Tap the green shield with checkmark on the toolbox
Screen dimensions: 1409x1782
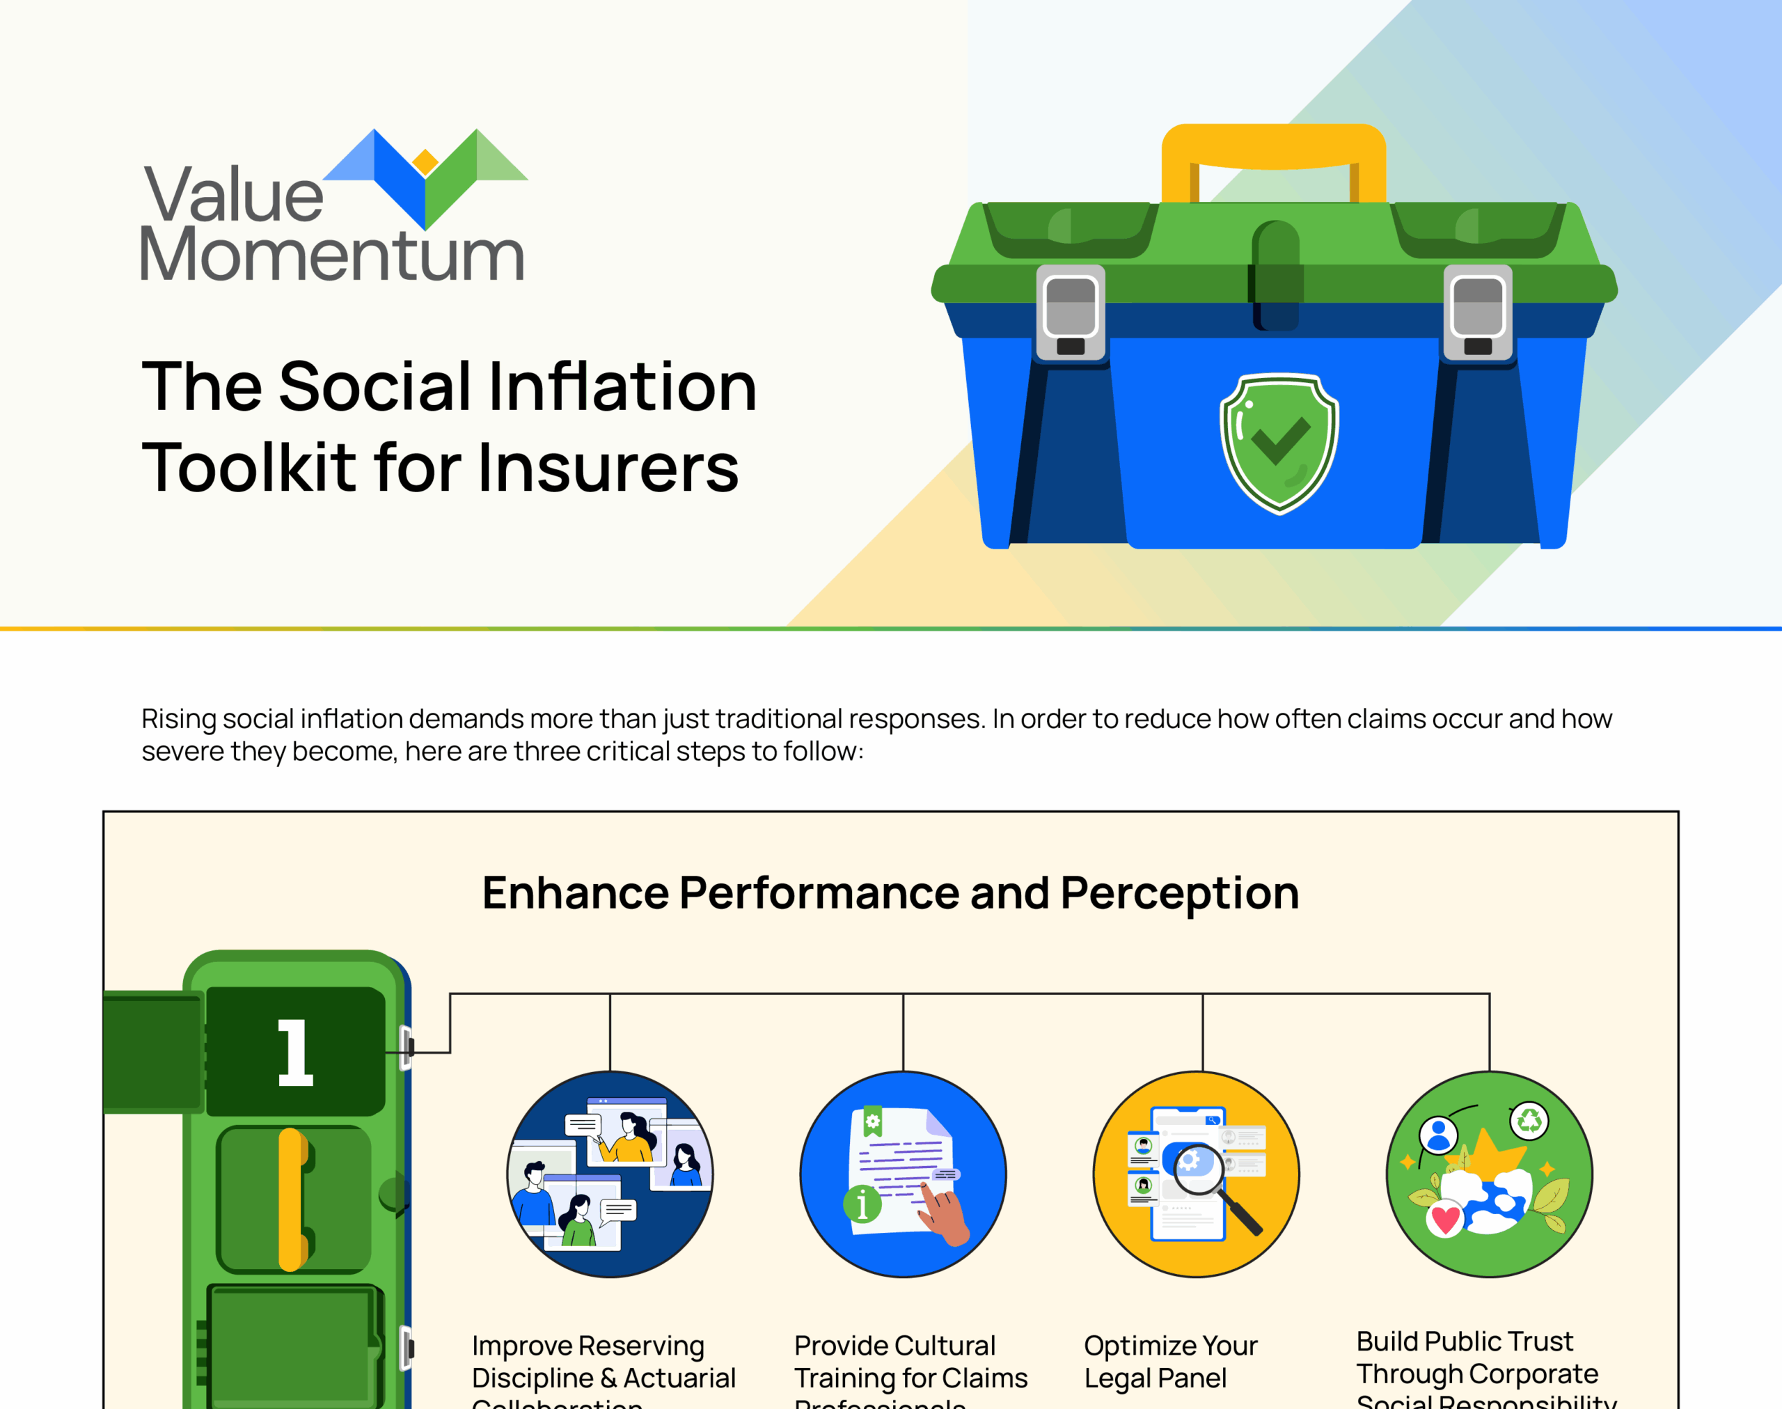click(x=1279, y=443)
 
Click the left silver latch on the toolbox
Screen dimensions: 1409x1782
click(x=1070, y=313)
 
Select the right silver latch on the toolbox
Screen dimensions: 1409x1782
click(x=1478, y=313)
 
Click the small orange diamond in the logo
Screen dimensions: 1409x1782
click(x=425, y=162)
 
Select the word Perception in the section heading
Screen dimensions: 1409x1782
click(x=1179, y=892)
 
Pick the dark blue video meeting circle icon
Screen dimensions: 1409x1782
click(x=610, y=1174)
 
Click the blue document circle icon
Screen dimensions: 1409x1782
click(x=903, y=1174)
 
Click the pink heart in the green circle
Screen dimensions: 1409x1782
click(x=1444, y=1218)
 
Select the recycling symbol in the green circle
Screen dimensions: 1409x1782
click(x=1529, y=1120)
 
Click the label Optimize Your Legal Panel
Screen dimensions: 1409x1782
click(x=1170, y=1361)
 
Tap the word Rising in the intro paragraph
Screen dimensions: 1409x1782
click(x=178, y=718)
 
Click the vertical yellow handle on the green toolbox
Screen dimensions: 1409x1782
click(x=291, y=1199)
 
